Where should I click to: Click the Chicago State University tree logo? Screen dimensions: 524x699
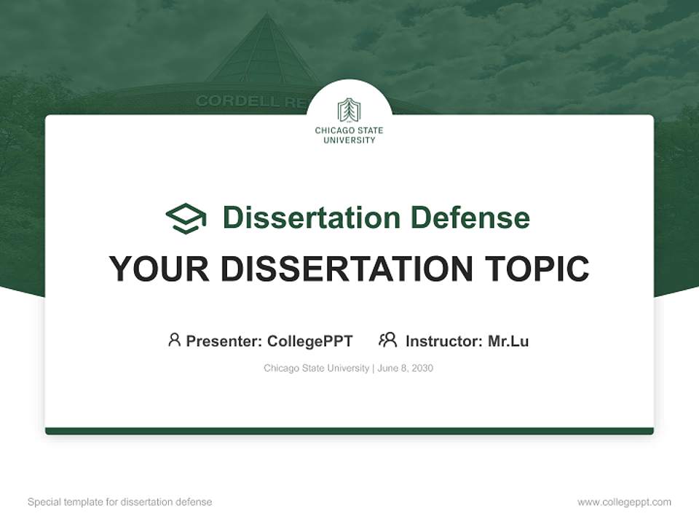[349, 110]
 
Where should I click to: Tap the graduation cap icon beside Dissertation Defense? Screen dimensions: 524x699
[186, 218]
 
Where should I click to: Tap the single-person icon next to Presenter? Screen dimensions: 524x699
[174, 340]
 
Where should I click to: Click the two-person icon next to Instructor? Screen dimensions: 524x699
[388, 340]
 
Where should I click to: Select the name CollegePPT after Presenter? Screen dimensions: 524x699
[310, 341]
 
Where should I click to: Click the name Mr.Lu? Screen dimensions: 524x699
[508, 341]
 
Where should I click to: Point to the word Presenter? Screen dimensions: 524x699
[224, 341]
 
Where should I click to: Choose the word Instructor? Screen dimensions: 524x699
[444, 341]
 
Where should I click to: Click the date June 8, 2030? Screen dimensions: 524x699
[406, 368]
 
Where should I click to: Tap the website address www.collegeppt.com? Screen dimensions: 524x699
[624, 502]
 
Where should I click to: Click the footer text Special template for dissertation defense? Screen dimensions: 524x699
[119, 502]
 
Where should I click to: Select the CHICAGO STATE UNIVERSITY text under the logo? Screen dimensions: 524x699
[349, 135]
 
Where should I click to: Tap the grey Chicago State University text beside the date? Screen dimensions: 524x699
[316, 368]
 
